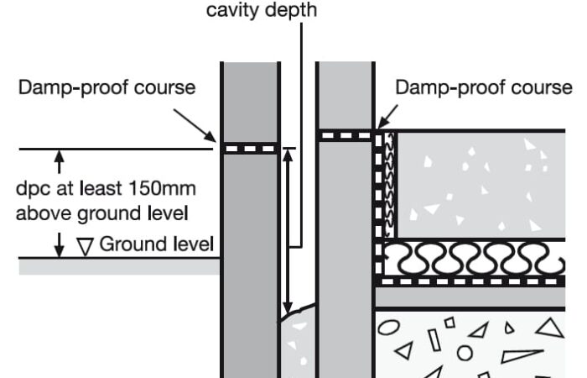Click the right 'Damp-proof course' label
pyautogui.click(x=484, y=87)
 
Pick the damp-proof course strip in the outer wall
pyautogui.click(x=249, y=148)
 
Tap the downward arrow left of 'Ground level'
pyautogui.click(x=59, y=245)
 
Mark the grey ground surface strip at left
pyautogui.click(x=117, y=265)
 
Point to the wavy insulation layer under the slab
pyautogui.click(x=470, y=260)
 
